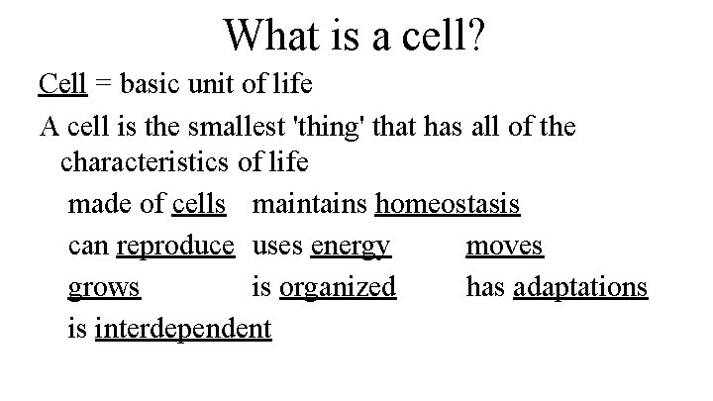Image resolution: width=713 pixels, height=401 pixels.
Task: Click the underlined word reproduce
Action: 175,246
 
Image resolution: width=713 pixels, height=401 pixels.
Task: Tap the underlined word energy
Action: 351,246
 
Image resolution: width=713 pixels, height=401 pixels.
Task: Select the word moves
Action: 504,245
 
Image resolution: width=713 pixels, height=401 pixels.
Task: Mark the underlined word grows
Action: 104,288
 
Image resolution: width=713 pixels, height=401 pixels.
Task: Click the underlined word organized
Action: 338,287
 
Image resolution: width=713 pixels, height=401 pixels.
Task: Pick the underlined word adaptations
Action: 580,287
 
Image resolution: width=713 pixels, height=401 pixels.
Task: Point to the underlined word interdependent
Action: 183,329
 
